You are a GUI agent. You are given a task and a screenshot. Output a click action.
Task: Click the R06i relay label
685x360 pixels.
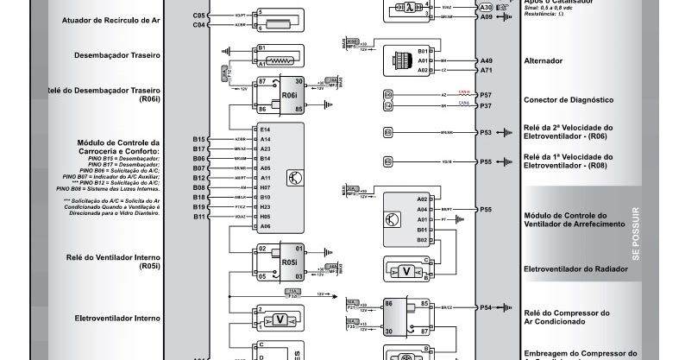[x=289, y=94]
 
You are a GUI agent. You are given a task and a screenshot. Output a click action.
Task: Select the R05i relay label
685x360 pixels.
[x=289, y=262]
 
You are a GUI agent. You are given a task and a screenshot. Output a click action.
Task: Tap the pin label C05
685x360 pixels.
[x=199, y=16]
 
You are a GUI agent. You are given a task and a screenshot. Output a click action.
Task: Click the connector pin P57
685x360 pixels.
[x=486, y=94]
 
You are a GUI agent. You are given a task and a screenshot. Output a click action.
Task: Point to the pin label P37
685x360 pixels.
[x=486, y=105]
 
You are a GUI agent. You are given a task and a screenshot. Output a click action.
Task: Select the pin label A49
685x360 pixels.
[x=486, y=60]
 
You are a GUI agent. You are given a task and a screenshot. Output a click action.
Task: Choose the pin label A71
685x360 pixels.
[x=486, y=70]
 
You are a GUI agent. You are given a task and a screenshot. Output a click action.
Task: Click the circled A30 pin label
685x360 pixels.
[x=463, y=7]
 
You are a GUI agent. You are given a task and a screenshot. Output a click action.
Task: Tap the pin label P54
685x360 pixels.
[x=486, y=307]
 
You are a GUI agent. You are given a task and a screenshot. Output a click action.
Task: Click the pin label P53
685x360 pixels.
[x=486, y=133]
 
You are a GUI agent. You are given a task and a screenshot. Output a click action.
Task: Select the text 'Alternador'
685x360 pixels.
[x=544, y=61]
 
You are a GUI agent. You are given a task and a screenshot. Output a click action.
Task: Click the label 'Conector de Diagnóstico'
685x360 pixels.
[x=568, y=100]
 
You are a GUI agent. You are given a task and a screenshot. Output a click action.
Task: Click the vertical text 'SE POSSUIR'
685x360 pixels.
[x=636, y=233]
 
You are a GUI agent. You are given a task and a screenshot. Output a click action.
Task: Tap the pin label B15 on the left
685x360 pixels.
[x=199, y=139]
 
